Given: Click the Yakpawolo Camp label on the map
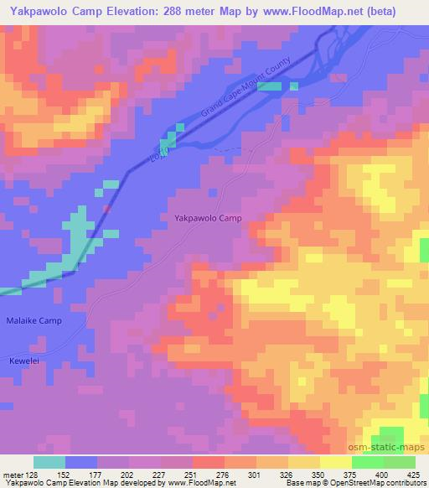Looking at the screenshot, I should click(208, 218).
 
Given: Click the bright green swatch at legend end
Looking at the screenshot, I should click(399, 462).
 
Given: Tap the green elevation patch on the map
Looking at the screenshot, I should click(388, 439).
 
